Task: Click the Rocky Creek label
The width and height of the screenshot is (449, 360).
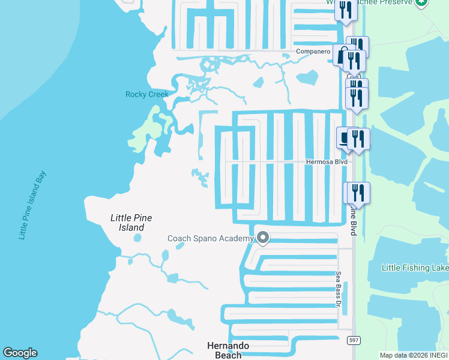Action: tap(146, 94)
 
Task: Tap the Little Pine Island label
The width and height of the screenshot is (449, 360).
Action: tap(131, 223)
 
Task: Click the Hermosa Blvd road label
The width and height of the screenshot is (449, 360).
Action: tap(327, 161)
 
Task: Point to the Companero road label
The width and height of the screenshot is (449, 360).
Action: tap(313, 52)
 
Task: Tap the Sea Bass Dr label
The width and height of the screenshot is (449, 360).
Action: tap(338, 289)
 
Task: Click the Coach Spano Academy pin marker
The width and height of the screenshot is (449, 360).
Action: tap(262, 238)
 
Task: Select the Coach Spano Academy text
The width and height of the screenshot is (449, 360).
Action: tap(210, 238)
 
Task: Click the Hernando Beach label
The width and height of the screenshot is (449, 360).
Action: tap(228, 350)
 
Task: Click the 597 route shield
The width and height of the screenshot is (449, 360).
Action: tap(353, 341)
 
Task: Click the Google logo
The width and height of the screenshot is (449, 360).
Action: tap(20, 353)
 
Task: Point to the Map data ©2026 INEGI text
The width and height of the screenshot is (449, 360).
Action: tap(413, 355)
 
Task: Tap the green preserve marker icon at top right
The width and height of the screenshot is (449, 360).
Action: tap(423, 2)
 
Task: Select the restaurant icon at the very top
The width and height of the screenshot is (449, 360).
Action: tap(346, 9)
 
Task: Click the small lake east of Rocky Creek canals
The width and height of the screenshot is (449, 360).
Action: tap(307, 77)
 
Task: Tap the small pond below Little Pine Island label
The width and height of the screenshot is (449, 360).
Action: tap(138, 238)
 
